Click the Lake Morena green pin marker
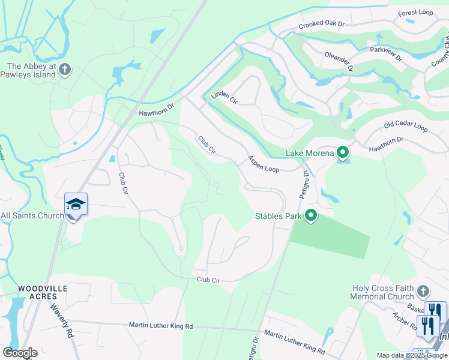[x=343, y=153]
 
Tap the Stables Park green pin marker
[x=311, y=215]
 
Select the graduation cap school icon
[x=76, y=205]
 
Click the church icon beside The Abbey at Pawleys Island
[x=65, y=70]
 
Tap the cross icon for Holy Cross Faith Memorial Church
[x=423, y=292]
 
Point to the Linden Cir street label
[x=224, y=98]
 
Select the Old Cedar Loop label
[x=405, y=127]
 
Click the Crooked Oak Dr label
[x=322, y=24]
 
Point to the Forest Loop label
[x=415, y=12]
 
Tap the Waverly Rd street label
[x=61, y=320]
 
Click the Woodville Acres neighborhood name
[x=42, y=293]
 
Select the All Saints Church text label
[x=32, y=215]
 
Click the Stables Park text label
[x=278, y=216]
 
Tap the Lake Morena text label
[x=309, y=153]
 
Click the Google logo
[x=20, y=353]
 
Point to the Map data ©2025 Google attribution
[x=411, y=355]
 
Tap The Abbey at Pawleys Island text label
[x=31, y=71]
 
